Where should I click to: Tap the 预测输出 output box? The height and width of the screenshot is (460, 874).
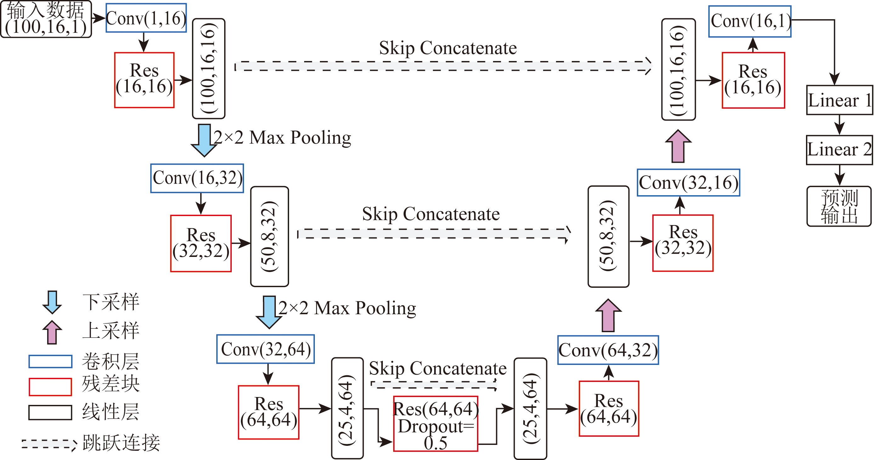point(839,206)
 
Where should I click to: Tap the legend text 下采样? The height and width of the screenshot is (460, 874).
point(111,302)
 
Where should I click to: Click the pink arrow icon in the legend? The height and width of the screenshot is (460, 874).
point(52,332)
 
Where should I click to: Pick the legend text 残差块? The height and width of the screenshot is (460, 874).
point(111,384)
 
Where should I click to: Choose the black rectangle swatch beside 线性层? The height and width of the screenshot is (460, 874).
point(50,412)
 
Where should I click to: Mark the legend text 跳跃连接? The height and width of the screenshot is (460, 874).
point(121,442)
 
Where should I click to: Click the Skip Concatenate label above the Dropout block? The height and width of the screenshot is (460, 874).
point(438,368)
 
